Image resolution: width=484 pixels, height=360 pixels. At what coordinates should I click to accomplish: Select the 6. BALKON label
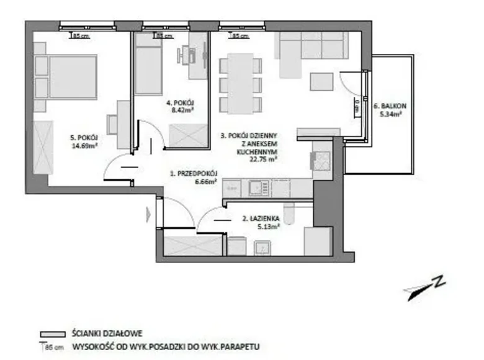coord(388,106)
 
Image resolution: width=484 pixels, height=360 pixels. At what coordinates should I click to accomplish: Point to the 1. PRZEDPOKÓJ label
coord(194,174)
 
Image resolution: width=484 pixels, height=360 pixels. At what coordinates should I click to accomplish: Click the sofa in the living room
coord(310,47)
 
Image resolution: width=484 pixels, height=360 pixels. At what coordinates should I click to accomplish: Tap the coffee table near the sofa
coord(321,81)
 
